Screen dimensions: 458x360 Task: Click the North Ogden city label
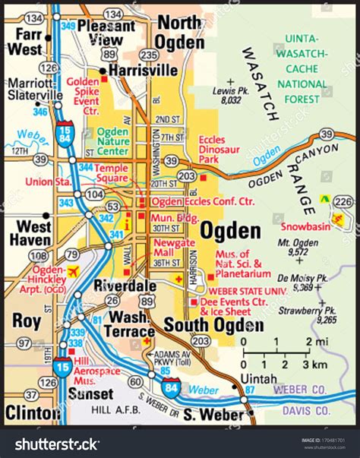[x=181, y=32]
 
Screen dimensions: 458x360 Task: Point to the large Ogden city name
[x=230, y=231]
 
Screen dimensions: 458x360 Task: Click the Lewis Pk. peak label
[x=227, y=93]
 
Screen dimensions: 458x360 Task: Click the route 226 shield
[x=343, y=201]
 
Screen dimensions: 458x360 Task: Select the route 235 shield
[x=150, y=55]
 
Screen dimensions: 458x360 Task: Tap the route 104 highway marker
[x=95, y=195]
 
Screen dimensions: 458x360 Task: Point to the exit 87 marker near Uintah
[x=251, y=390]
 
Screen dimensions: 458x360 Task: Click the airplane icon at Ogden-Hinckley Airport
[x=74, y=271]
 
